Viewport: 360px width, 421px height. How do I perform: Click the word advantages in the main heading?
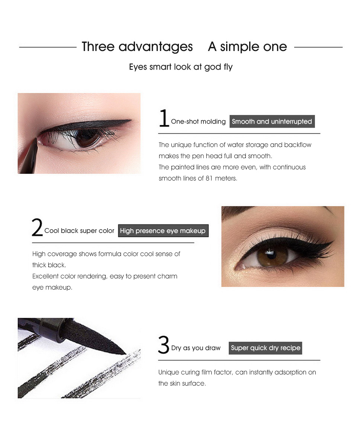coord(155,47)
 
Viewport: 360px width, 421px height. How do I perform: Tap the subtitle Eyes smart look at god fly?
coord(181,67)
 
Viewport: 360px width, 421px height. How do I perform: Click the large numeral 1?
coord(164,118)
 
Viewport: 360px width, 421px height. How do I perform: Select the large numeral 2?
coord(37,227)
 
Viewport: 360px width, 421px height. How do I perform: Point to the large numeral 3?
coord(164,345)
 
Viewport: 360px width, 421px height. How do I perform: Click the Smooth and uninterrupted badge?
coord(272,121)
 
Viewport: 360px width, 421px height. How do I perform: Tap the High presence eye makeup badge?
coord(163,231)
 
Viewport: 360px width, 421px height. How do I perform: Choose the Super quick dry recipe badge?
coord(265,348)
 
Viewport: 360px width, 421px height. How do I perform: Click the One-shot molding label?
coord(198,122)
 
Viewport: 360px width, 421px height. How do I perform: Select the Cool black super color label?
coord(79,231)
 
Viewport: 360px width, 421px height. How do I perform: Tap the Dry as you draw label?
coord(196,348)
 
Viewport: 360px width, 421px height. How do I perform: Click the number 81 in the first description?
coord(209,178)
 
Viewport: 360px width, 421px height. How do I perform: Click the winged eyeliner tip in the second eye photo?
coord(332,241)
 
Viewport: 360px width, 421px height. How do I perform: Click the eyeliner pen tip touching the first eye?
coord(36,139)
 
